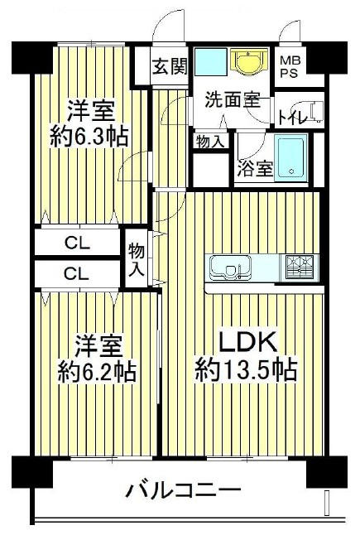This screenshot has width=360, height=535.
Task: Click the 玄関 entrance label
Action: [x=170, y=66]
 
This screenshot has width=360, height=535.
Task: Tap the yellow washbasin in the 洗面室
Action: [x=249, y=61]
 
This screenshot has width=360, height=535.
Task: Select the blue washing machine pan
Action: [x=211, y=62]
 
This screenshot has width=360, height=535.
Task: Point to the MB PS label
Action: [x=290, y=68]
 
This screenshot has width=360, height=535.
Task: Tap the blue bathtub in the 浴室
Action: [x=290, y=158]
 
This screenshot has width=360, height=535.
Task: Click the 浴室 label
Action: [x=256, y=169]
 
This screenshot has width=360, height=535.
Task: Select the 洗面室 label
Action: [x=233, y=101]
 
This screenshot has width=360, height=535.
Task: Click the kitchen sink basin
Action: [x=229, y=267]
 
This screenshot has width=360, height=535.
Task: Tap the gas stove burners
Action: [x=300, y=267]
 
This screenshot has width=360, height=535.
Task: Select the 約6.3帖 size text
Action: [x=89, y=137]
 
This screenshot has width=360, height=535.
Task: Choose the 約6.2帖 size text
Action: [x=97, y=372]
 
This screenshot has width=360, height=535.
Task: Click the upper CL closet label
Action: [x=78, y=243]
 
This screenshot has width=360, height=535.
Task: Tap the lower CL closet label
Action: [x=78, y=273]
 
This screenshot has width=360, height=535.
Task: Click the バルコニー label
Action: [x=184, y=491]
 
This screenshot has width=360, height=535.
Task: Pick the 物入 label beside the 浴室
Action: [x=211, y=142]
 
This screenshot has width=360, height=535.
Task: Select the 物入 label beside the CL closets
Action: [x=137, y=260]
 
